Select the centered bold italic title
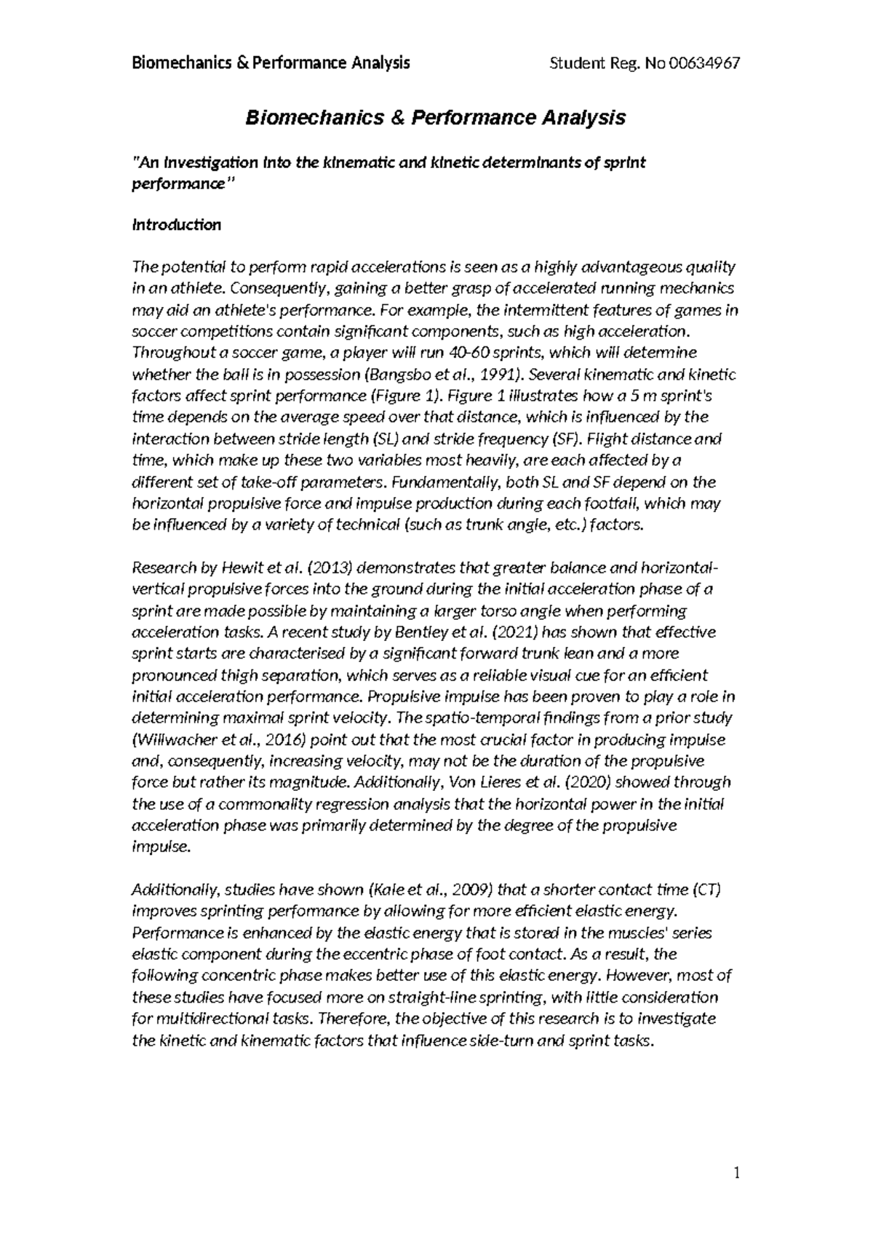pos(435,118)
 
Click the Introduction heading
pos(176,225)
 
